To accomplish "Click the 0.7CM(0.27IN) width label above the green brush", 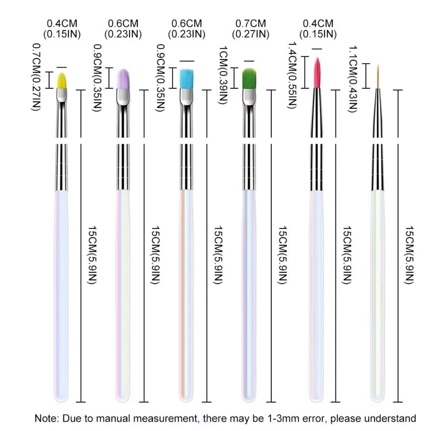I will tap(251, 29).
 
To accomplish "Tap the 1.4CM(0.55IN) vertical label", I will tap(292, 75).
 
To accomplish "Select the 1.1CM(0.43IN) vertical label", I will tap(354, 79).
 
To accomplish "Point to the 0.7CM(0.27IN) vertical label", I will tap(36, 77).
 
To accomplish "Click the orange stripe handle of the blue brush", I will tap(183, 295).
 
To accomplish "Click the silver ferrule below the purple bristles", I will tap(123, 97).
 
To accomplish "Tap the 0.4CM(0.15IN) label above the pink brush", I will tap(318, 29).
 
